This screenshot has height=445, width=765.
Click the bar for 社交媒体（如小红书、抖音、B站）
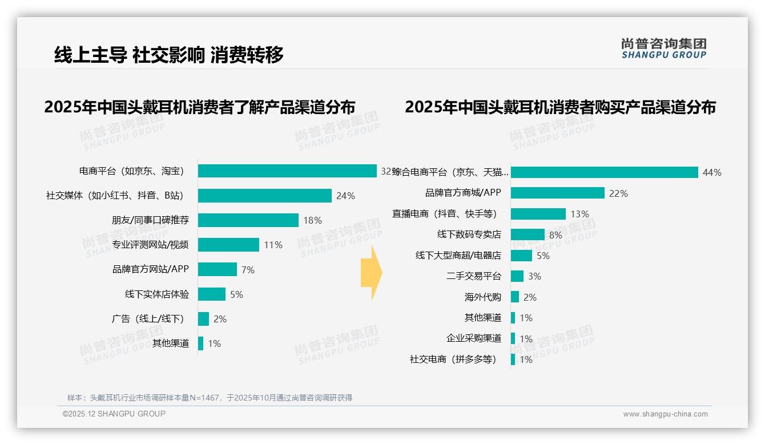click(264, 196)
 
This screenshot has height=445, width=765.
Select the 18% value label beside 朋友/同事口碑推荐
click(313, 220)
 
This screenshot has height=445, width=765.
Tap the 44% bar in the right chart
click(604, 172)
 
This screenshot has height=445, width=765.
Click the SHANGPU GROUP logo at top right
click(663, 48)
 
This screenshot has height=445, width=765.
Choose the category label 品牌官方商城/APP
click(463, 193)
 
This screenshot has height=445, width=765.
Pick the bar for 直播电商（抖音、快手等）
click(538, 214)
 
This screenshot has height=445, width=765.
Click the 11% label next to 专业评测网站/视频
click(273, 245)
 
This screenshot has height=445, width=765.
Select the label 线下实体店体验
click(157, 294)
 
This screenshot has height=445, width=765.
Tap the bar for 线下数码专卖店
click(528, 234)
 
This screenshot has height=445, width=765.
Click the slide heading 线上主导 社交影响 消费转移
click(169, 55)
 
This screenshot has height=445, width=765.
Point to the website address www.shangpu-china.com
click(665, 414)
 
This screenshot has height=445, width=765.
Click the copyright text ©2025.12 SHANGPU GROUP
click(114, 414)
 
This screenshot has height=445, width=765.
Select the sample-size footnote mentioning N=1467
click(210, 398)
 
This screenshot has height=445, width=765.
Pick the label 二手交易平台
click(474, 276)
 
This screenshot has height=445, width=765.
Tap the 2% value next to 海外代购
click(530, 297)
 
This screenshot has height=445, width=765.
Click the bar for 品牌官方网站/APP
click(218, 269)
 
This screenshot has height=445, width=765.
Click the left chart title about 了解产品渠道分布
click(200, 107)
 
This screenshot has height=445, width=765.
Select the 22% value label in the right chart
click(618, 193)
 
